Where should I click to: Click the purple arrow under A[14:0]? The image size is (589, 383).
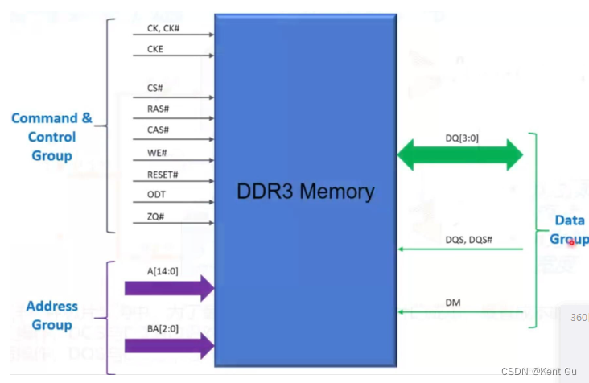(169, 288)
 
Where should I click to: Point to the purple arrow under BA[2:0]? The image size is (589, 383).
(169, 347)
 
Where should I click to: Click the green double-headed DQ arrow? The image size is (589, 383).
(460, 154)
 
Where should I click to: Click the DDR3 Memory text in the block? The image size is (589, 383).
(305, 191)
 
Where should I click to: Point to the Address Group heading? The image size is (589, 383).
(51, 315)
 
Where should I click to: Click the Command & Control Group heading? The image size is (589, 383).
(51, 137)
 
